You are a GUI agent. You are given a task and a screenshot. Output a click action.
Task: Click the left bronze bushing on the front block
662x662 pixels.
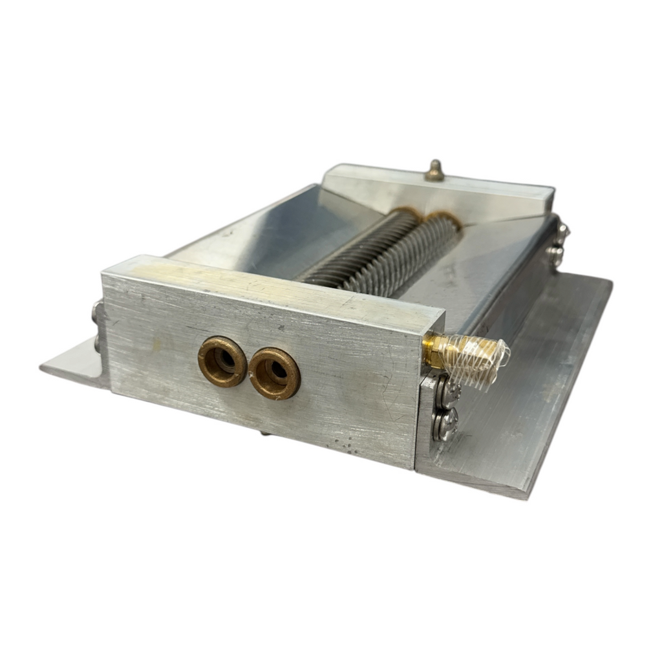pyautogui.click(x=222, y=362)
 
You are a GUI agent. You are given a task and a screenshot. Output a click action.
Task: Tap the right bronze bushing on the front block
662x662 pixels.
pyautogui.click(x=275, y=373)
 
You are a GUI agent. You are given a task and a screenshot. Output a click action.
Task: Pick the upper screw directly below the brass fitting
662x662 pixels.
pyautogui.click(x=446, y=392)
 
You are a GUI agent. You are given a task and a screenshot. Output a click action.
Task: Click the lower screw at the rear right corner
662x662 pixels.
pyautogui.click(x=555, y=255)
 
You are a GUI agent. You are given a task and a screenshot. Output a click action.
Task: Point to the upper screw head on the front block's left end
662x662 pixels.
pyautogui.click(x=97, y=314)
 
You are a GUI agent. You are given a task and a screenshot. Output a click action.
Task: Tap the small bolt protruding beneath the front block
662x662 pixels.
pyautogui.click(x=266, y=432)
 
